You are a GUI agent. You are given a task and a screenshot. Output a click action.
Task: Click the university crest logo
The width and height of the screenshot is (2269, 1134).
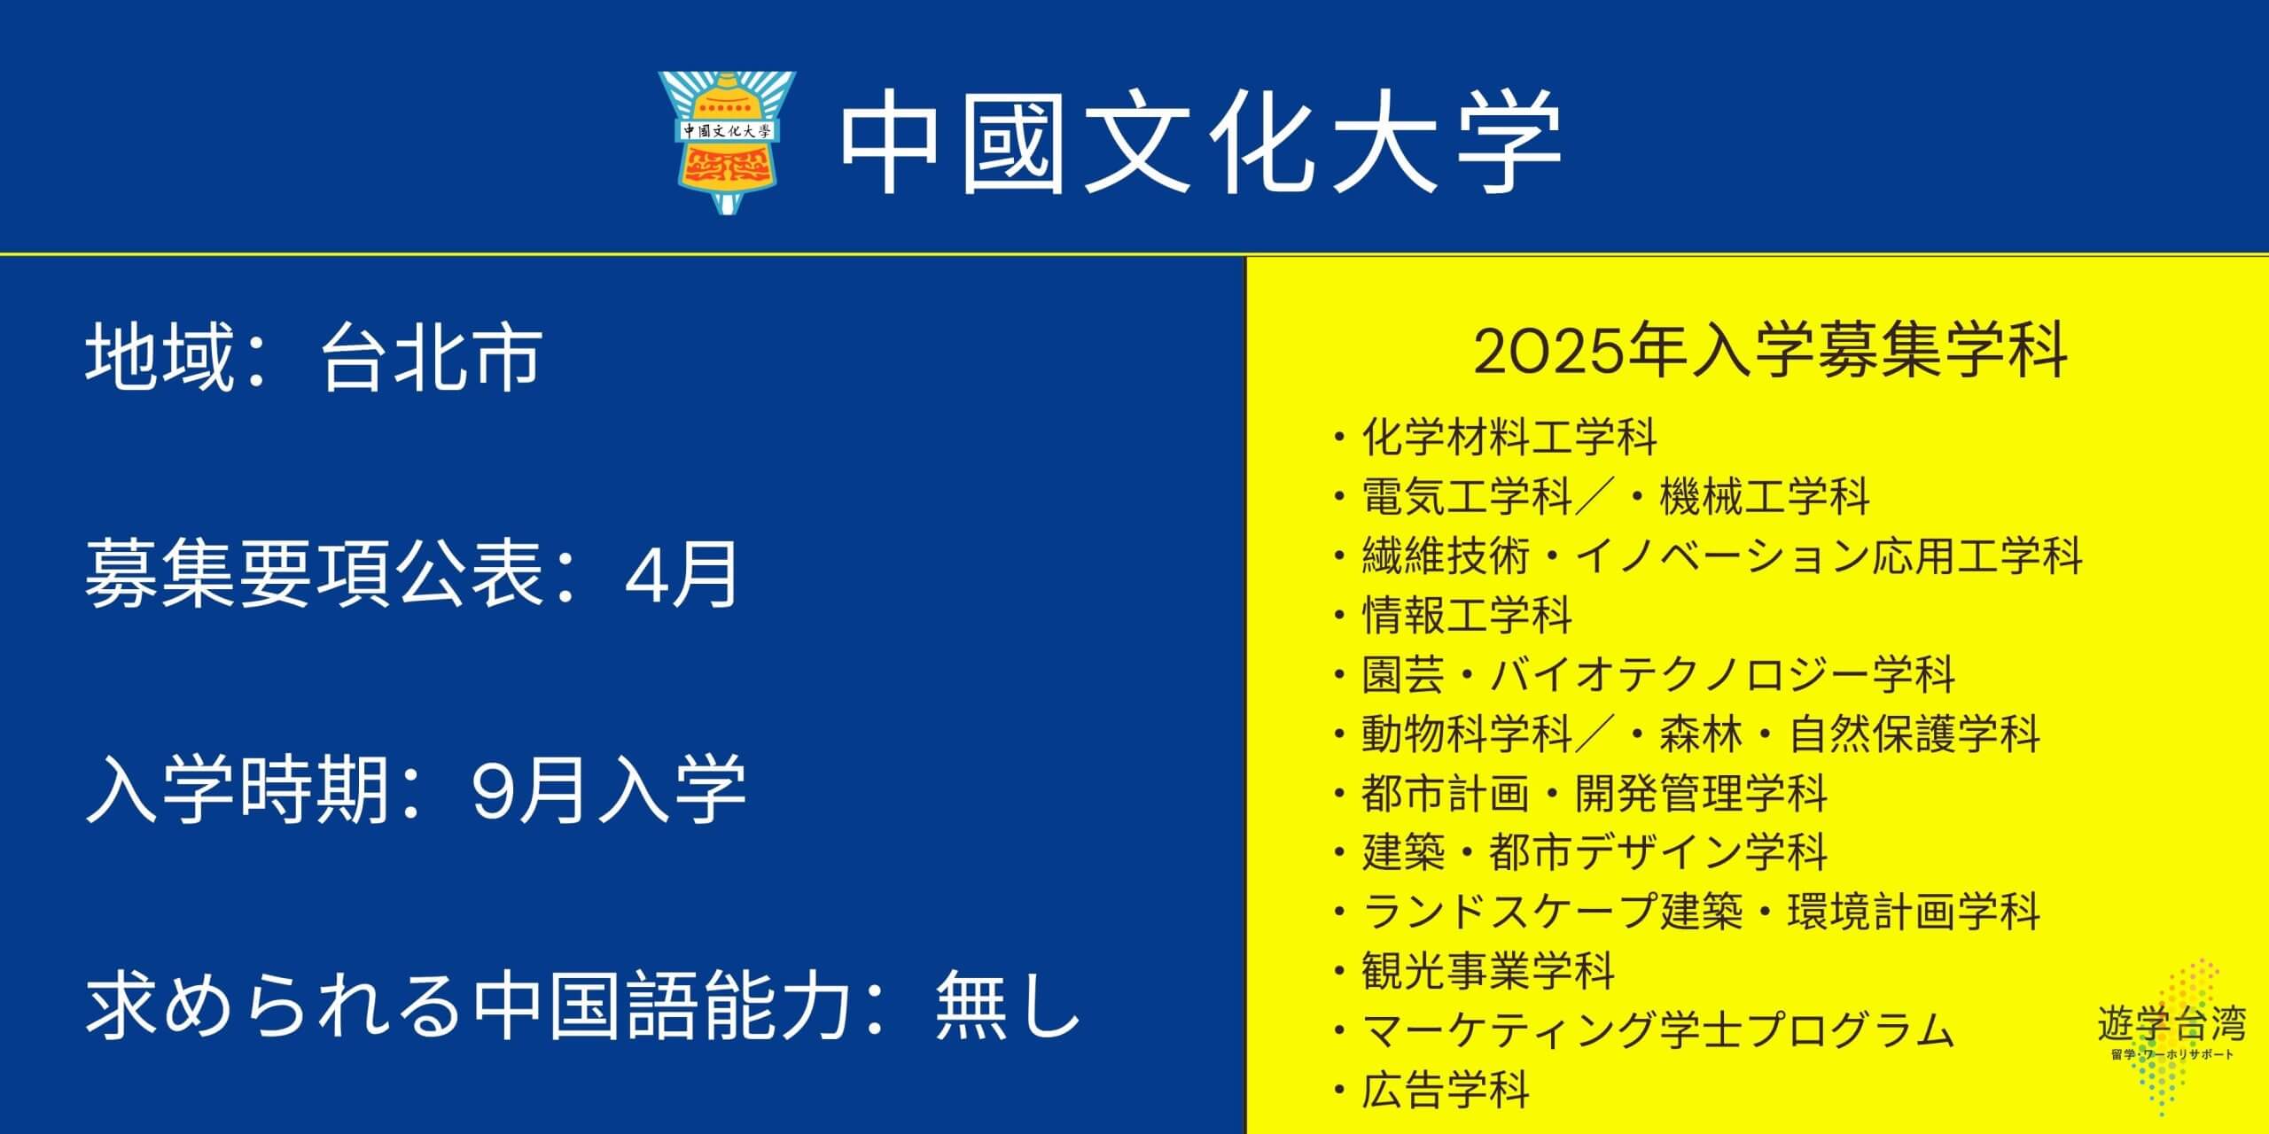tap(726, 144)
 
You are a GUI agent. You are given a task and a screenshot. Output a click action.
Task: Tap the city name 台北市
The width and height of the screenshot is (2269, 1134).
tap(431, 358)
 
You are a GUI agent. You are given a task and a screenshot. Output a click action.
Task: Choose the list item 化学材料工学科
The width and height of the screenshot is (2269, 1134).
tap(1509, 437)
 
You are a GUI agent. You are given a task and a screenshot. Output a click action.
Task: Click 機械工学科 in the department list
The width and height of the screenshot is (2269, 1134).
tap(1765, 496)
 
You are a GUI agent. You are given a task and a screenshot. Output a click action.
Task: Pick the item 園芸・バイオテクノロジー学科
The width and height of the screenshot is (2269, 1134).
tap(1658, 675)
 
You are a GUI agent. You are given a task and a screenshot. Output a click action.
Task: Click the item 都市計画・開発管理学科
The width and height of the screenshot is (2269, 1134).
tap(1595, 794)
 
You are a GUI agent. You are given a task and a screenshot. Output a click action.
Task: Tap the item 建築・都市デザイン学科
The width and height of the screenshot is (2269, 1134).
tap(1595, 853)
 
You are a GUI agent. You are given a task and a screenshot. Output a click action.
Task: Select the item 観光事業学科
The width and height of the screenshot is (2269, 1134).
tap(1488, 972)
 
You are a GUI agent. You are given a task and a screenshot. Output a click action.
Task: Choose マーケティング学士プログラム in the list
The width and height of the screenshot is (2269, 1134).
tap(1658, 1031)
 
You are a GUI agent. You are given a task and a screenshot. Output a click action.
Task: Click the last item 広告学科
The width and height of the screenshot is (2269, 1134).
tap(1446, 1091)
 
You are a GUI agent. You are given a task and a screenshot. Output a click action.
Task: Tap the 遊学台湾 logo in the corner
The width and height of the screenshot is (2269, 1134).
tap(2172, 1032)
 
